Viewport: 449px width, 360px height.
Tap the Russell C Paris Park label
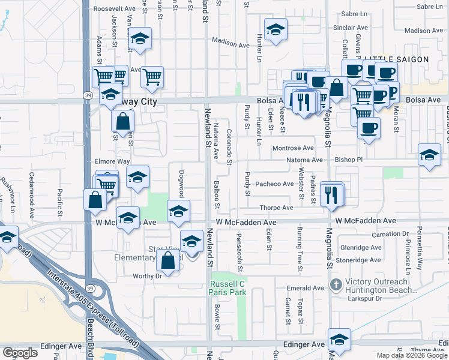tap(228, 287)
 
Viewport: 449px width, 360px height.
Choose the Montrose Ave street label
tap(293, 148)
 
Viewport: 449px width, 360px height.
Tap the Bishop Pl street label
tap(349, 160)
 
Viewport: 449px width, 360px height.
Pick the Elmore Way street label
tap(112, 161)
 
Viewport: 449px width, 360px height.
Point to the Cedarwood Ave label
tap(32, 187)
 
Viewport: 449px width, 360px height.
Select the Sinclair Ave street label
tap(351, 28)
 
